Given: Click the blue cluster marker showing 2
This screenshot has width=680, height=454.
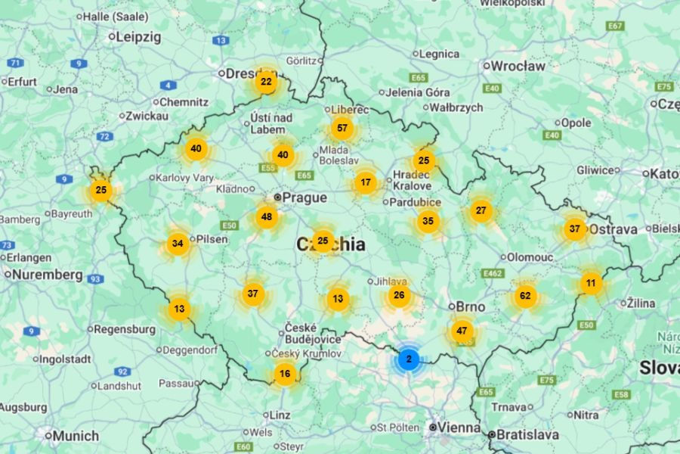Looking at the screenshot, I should click(409, 359).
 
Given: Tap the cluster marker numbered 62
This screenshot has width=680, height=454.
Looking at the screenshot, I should click(525, 296).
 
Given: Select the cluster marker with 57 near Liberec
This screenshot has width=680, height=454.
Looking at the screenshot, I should click(342, 128).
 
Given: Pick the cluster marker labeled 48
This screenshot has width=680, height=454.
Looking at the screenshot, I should click(266, 217).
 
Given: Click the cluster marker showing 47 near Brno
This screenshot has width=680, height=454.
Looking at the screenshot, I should click(462, 331).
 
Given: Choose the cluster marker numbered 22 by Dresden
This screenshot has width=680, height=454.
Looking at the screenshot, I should click(266, 82).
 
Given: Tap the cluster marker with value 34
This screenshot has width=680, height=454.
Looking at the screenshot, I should click(178, 244).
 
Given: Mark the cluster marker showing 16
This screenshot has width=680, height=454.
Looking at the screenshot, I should click(284, 374).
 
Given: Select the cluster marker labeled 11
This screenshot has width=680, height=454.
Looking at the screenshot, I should click(591, 284).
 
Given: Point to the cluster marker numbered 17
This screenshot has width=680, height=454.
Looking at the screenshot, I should click(366, 182).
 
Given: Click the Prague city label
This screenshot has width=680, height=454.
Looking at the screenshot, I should click(304, 197).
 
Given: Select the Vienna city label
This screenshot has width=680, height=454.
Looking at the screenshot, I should click(459, 428).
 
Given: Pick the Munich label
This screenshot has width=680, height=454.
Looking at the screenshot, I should click(75, 436).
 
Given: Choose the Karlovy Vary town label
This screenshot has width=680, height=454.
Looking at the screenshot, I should click(184, 178).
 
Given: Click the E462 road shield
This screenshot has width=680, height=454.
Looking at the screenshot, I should click(493, 273).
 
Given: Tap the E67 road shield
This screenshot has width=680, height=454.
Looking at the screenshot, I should click(616, 26).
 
